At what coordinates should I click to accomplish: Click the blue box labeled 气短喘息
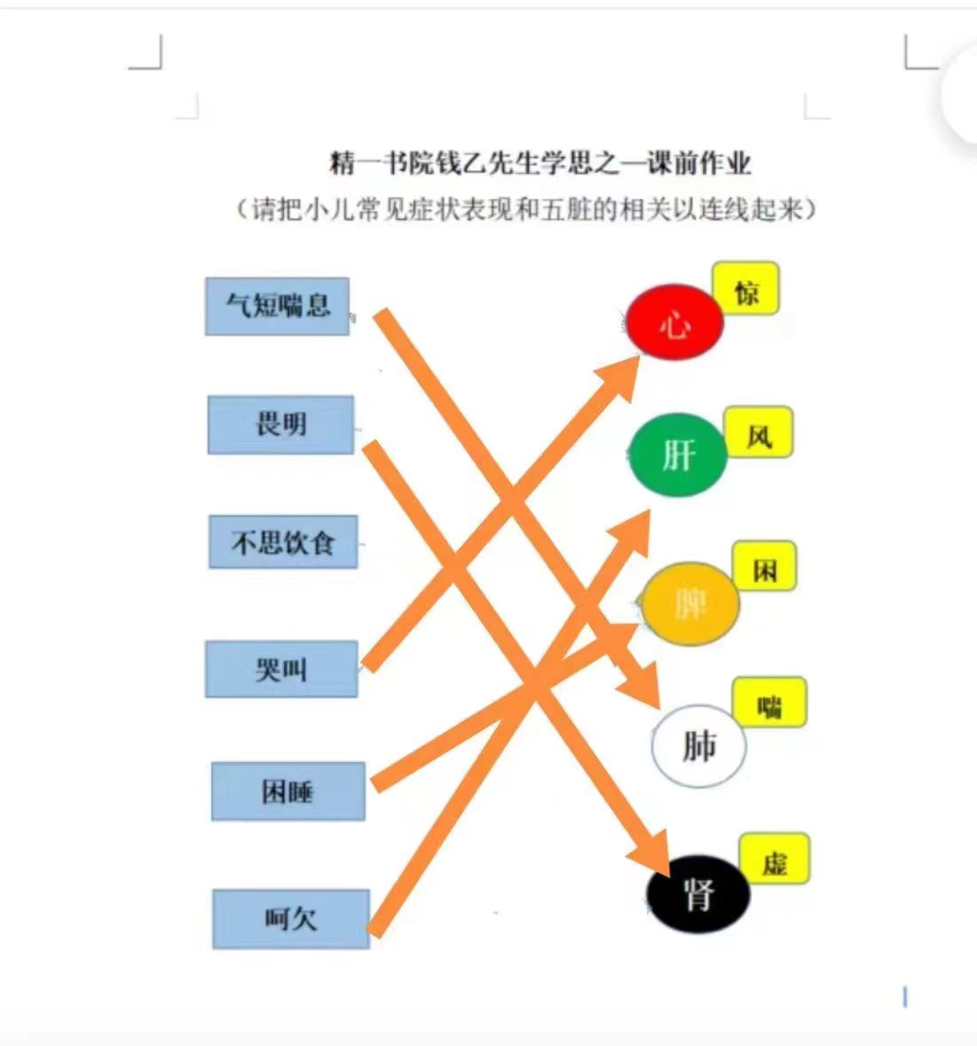pos(277,306)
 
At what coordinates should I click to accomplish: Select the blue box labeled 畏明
pos(281,425)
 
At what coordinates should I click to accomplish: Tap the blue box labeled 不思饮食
pos(283,542)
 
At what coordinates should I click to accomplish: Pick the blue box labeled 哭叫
pos(281,669)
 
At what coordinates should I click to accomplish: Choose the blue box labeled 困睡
pos(288,791)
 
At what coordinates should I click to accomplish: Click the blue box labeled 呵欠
pos(291,919)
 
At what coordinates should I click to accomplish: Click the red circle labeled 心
pos(674,322)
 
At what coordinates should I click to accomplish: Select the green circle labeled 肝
pos(678,455)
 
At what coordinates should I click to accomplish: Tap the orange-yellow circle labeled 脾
pos(690,603)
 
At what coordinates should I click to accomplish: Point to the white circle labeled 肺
pos(698,746)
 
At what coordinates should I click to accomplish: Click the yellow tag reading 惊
pos(746,288)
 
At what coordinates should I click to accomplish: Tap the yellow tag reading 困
pos(765,566)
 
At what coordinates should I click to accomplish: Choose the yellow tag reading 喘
pos(769,703)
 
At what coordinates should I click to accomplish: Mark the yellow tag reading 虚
pos(775,859)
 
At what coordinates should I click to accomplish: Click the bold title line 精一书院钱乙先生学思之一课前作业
pos(540,162)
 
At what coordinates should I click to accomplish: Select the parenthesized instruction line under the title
pos(526,209)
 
